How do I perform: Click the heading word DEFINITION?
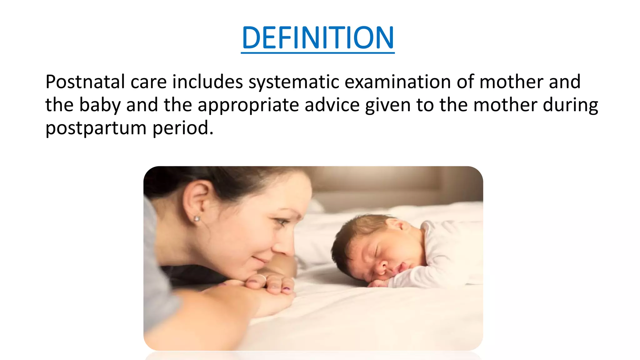click(317, 38)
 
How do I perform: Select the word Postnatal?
click(85, 82)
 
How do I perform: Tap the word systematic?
click(294, 82)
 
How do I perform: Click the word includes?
click(207, 82)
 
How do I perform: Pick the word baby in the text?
click(100, 105)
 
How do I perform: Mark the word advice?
click(332, 105)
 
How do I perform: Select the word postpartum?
click(96, 128)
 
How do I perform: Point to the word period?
click(183, 128)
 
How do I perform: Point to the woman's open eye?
click(282, 222)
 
